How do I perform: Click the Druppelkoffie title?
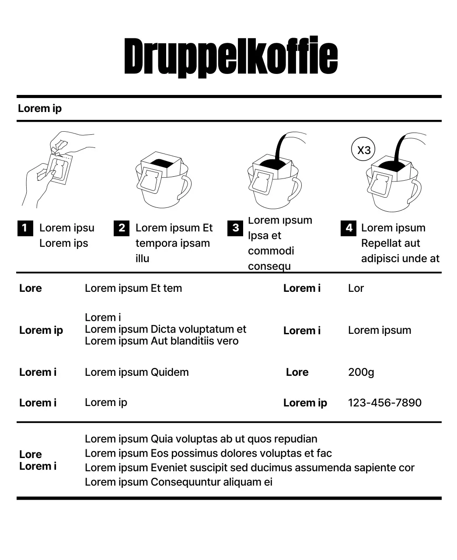[x=230, y=57]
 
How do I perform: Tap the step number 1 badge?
[x=25, y=228]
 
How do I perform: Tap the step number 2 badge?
[x=121, y=228]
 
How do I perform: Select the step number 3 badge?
[x=235, y=228]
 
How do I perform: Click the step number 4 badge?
[x=349, y=228]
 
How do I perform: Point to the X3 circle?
[x=363, y=150]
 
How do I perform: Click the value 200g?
[x=361, y=372]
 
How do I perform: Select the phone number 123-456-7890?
[x=384, y=403]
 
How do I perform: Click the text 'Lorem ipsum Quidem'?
[x=136, y=372]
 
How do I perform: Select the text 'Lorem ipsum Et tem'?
[x=133, y=288]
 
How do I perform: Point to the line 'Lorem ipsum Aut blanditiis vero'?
[x=161, y=341]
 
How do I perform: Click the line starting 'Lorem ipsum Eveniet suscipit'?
[x=249, y=468]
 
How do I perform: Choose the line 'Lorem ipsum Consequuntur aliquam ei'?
[x=178, y=482]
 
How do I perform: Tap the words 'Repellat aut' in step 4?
[x=390, y=243]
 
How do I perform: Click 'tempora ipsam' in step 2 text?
[x=172, y=243]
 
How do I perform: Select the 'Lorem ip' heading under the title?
[x=40, y=108]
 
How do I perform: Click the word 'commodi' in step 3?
[x=271, y=251]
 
